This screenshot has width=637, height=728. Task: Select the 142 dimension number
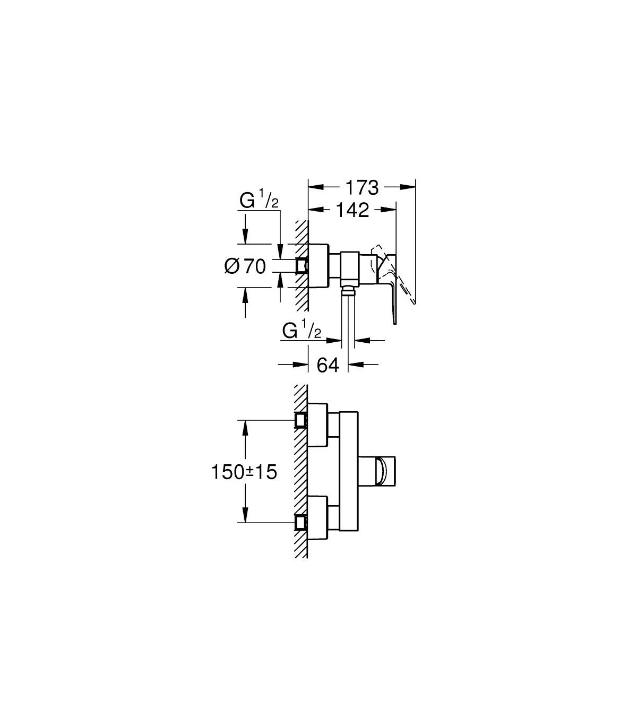pyautogui.click(x=352, y=210)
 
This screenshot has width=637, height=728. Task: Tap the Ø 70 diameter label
pyautogui.click(x=245, y=266)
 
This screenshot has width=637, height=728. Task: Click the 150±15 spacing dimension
pyautogui.click(x=244, y=472)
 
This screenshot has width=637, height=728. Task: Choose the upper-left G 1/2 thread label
pyautogui.click(x=259, y=200)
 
